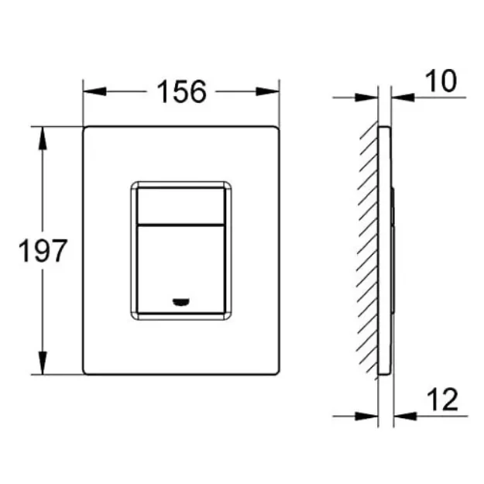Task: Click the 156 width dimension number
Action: click(181, 91)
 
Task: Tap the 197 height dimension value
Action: click(43, 251)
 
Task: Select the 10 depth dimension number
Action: click(441, 81)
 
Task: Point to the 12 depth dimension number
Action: click(442, 400)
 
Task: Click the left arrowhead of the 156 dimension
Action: click(94, 91)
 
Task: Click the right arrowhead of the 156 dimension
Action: click(268, 91)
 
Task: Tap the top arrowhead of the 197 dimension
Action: click(43, 139)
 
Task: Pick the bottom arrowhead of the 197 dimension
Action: click(43, 363)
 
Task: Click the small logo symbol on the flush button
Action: click(181, 302)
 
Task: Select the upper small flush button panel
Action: click(181, 205)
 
